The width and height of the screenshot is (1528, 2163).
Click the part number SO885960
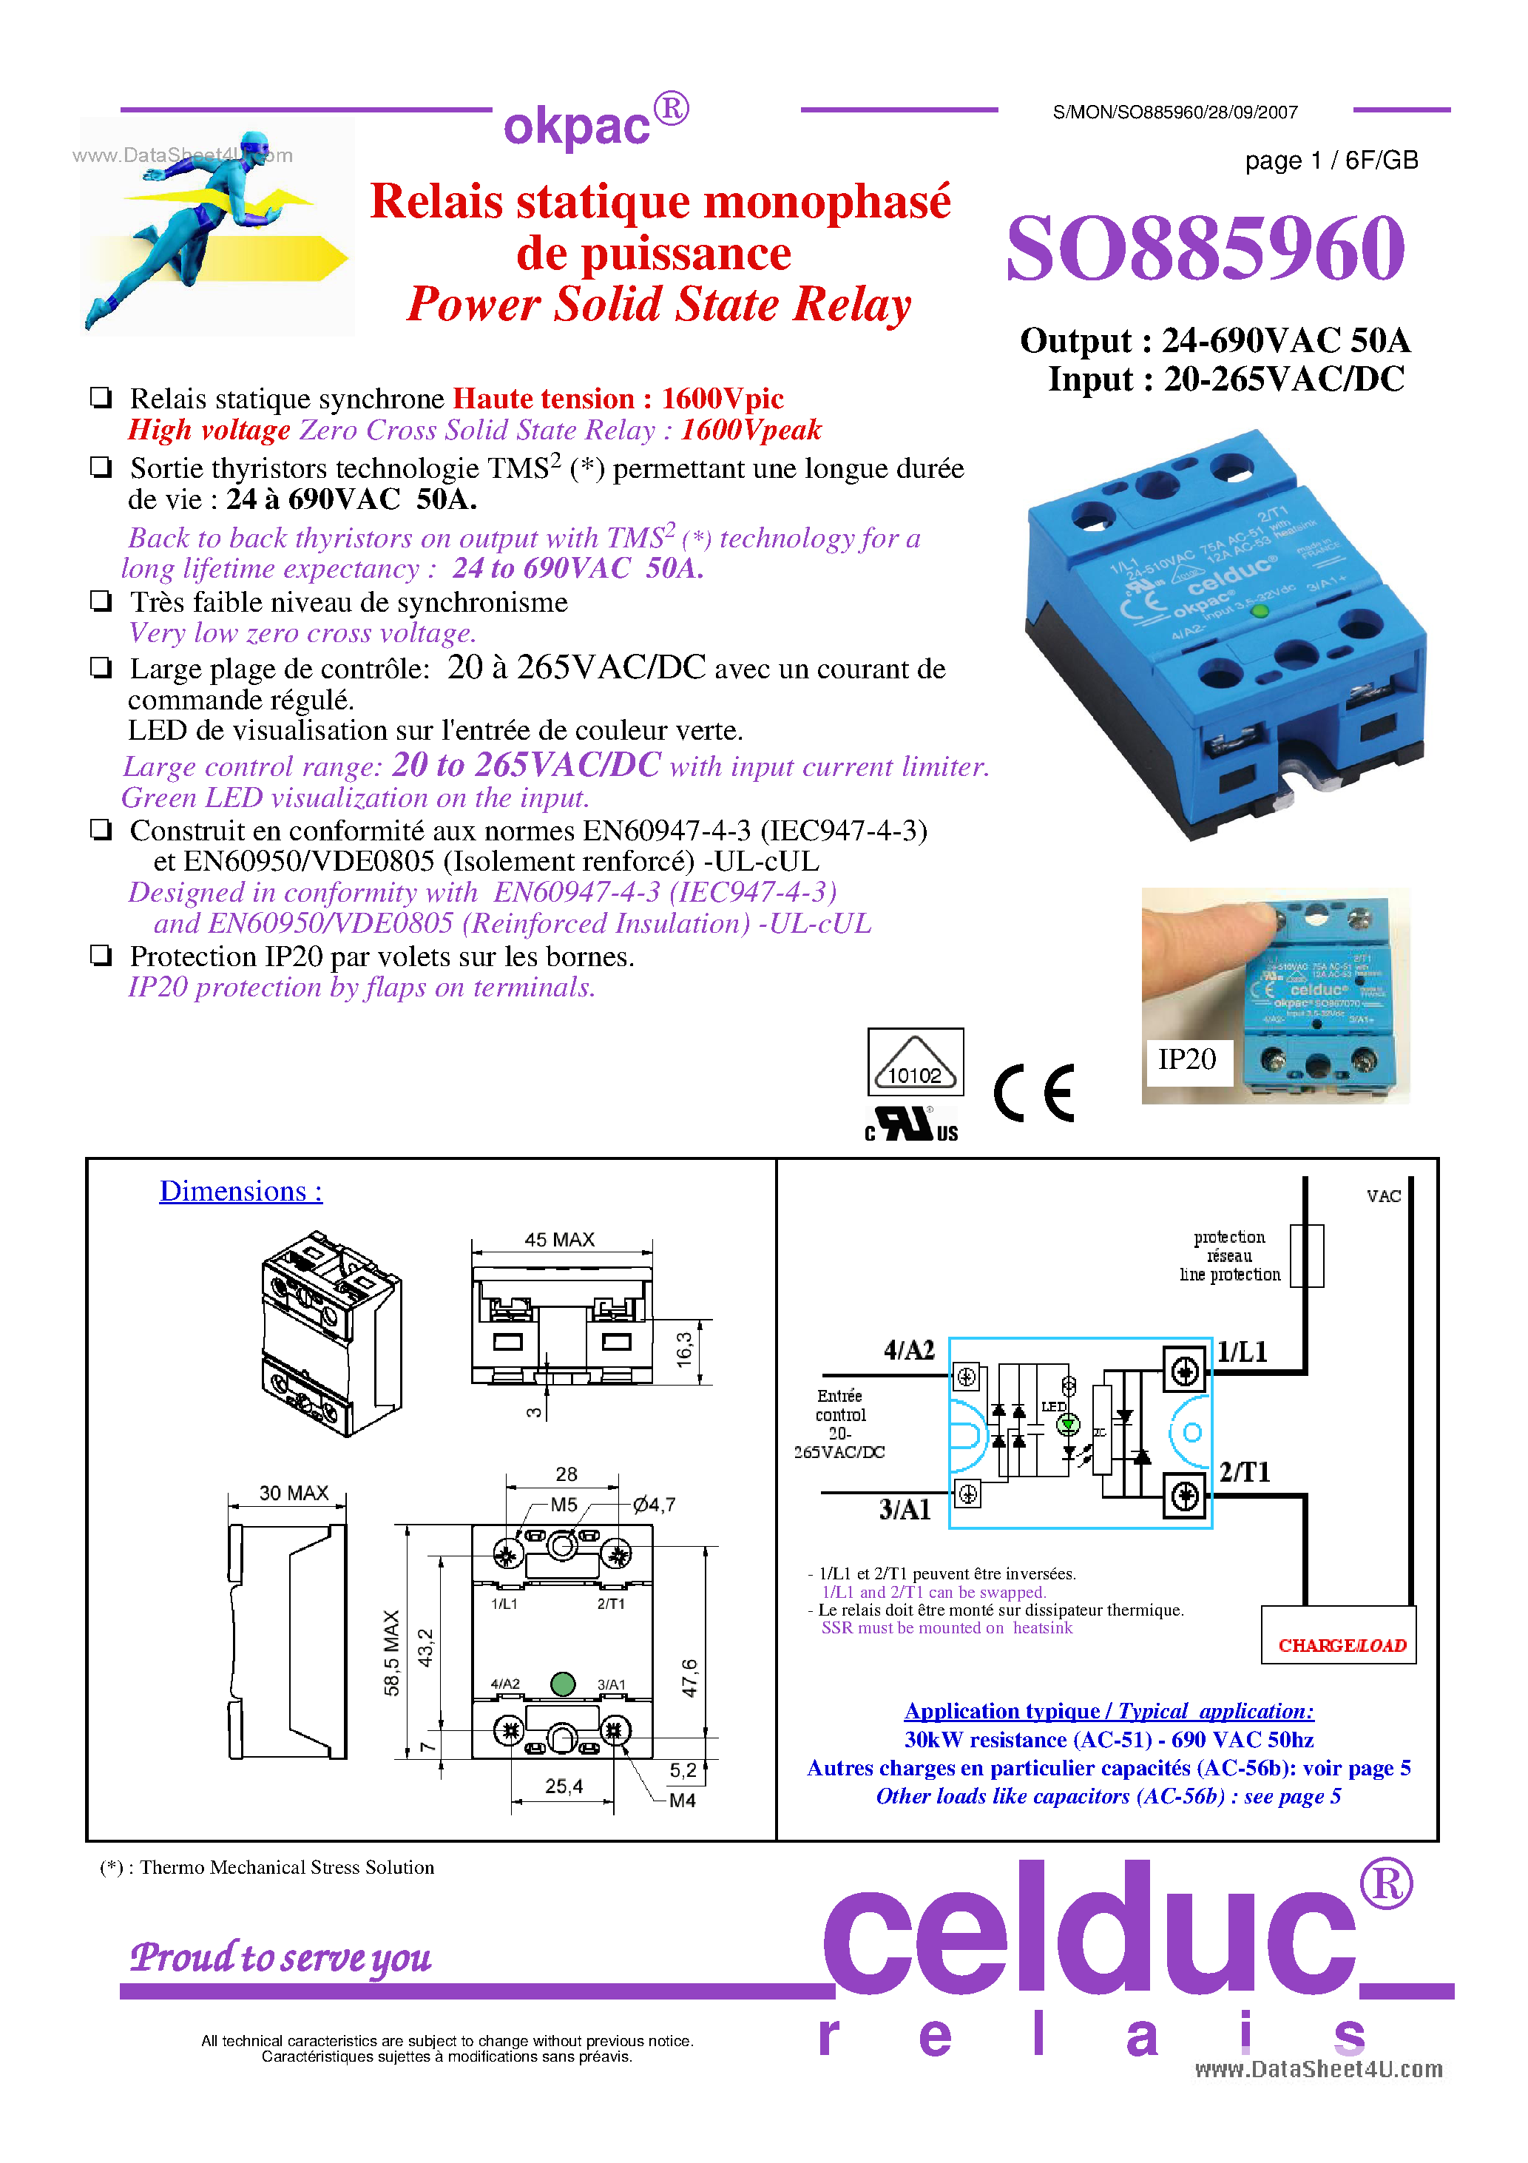pyautogui.click(x=1205, y=249)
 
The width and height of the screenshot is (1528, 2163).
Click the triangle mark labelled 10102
pyautogui.click(x=915, y=1063)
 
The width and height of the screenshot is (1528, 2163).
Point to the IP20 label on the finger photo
pyautogui.click(x=1186, y=1060)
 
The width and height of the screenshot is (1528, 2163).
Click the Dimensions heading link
pyautogui.click(x=240, y=1191)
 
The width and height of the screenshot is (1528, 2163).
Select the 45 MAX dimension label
pyautogui.click(x=560, y=1240)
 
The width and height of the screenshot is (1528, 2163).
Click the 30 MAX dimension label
pyautogui.click(x=293, y=1494)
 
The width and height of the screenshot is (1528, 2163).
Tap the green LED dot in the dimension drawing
pyautogui.click(x=562, y=1684)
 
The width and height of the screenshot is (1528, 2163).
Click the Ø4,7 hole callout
pyautogui.click(x=654, y=1505)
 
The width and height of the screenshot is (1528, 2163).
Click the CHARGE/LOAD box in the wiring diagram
pyautogui.click(x=1339, y=1646)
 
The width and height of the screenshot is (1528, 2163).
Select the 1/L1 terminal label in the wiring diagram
pyautogui.click(x=1243, y=1353)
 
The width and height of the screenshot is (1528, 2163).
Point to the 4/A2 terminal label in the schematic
pyautogui.click(x=909, y=1351)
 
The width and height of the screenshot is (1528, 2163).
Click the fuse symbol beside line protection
pyautogui.click(x=1307, y=1256)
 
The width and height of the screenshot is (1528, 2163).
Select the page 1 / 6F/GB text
pyautogui.click(x=1331, y=161)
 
